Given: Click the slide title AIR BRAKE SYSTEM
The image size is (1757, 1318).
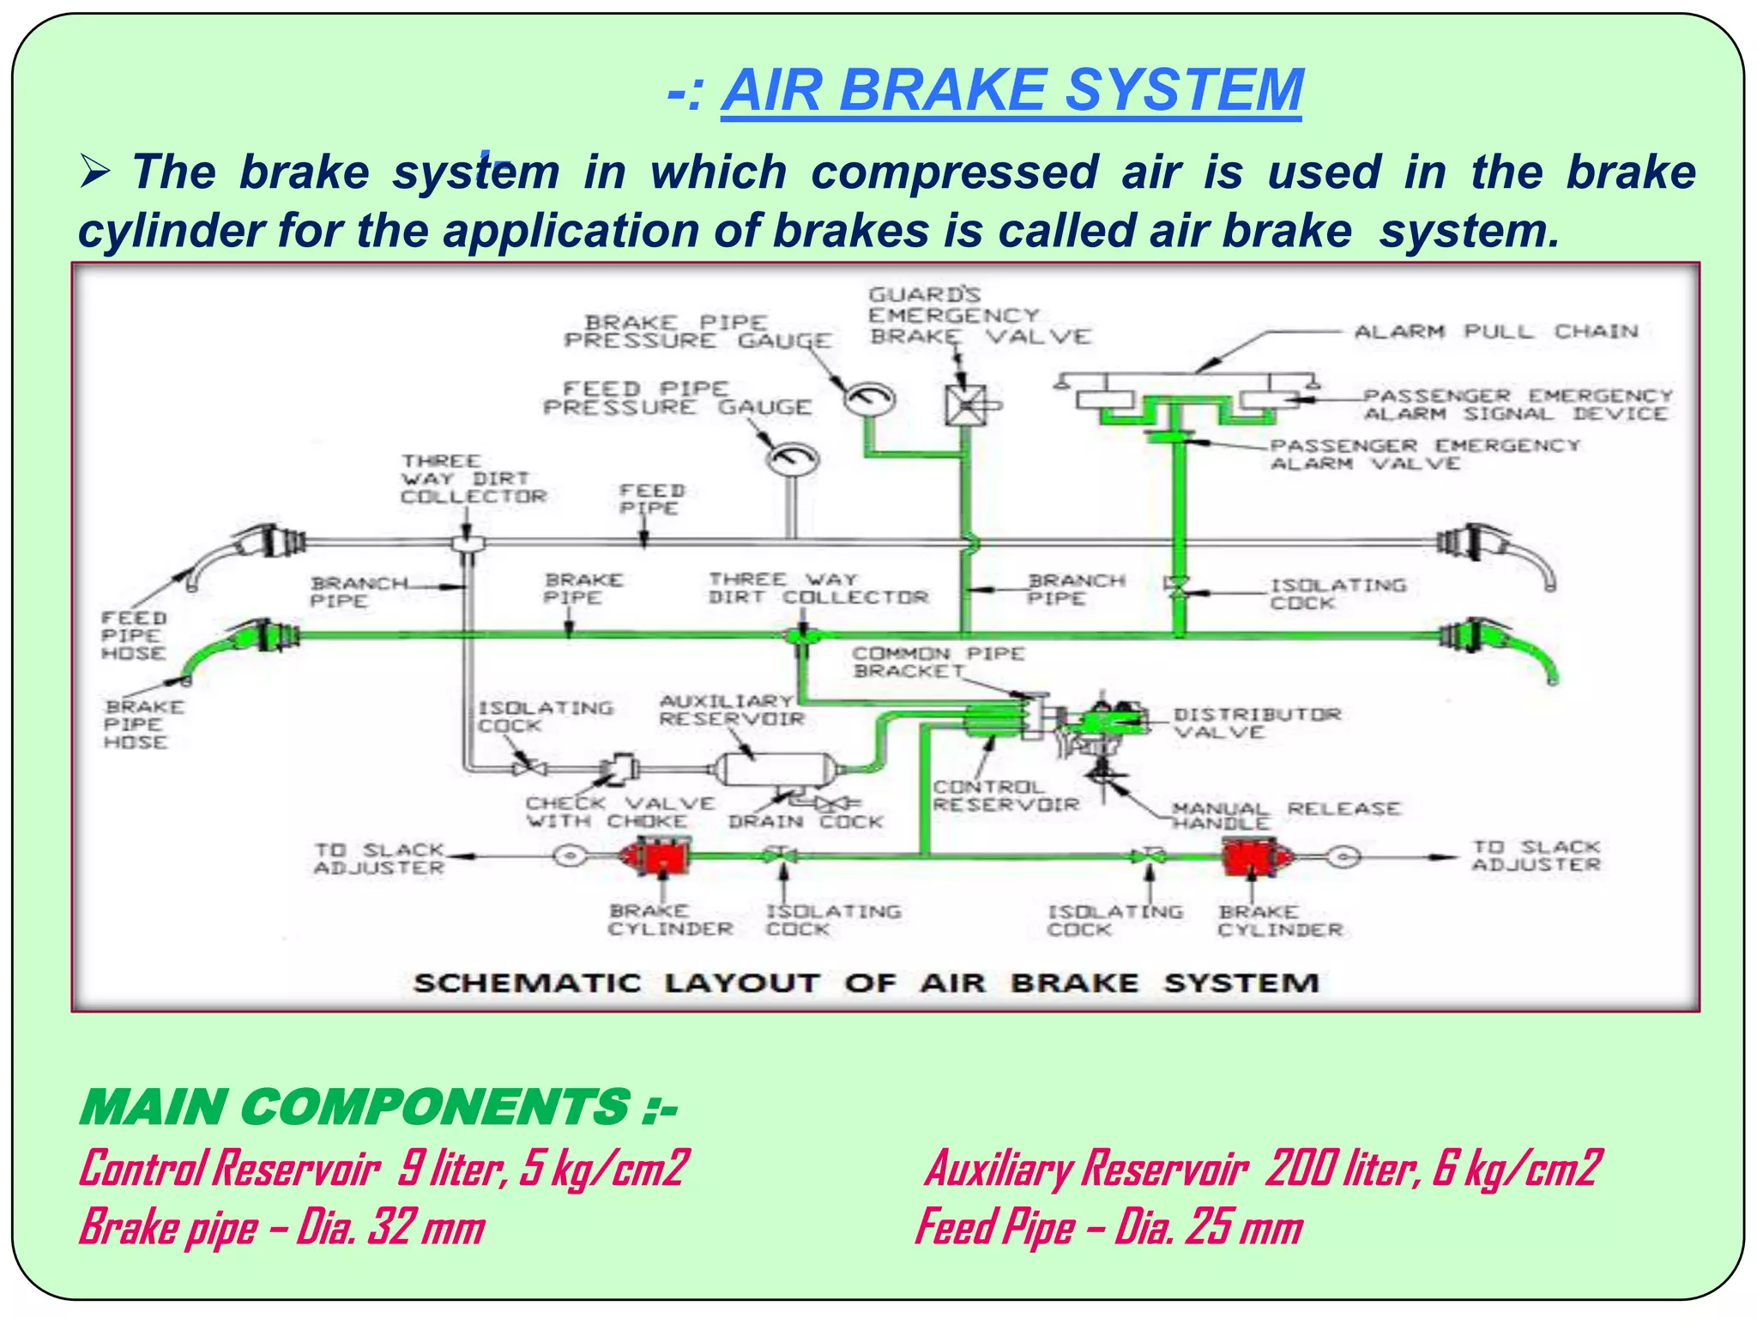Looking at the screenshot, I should (x=1011, y=91).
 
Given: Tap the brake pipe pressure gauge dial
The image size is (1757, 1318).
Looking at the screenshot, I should (x=870, y=399).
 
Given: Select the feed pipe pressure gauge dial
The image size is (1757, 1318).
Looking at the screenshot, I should (x=792, y=459).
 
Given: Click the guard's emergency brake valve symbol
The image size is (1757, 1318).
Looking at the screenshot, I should (x=965, y=405).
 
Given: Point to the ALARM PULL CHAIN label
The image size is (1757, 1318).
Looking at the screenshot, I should (x=1495, y=331).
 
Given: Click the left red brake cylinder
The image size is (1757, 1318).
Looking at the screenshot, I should (x=655, y=856).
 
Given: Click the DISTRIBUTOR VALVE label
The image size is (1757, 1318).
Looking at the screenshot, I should (x=1257, y=722).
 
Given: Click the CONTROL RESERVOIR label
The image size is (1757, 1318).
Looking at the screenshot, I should (x=1005, y=795).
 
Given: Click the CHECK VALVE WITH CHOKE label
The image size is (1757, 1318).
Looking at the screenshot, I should (x=619, y=812).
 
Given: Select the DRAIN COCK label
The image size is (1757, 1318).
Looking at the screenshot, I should (x=805, y=821).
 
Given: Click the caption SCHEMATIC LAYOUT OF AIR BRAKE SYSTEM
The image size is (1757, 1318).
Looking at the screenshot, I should (x=866, y=982).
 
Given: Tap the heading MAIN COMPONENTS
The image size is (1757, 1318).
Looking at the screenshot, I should (x=377, y=1107).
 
